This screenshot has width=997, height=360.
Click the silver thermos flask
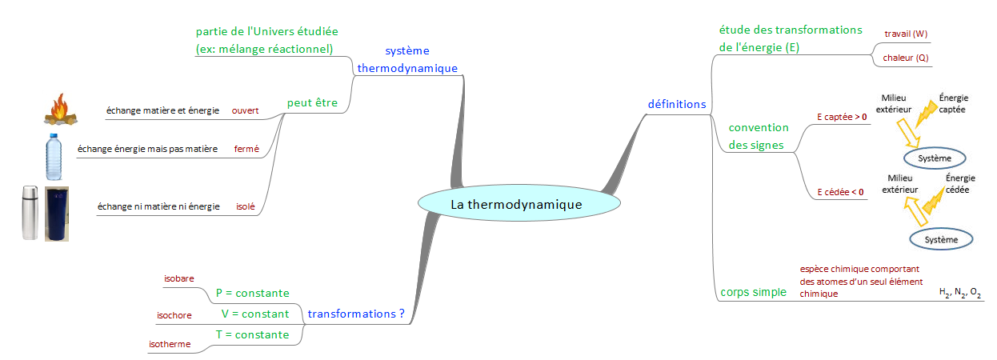point(30,212)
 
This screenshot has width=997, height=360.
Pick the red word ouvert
point(245,110)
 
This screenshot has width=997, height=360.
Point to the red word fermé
point(246,149)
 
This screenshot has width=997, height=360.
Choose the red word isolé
point(246,206)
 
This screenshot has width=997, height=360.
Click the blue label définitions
point(676,104)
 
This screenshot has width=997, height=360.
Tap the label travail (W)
point(906,34)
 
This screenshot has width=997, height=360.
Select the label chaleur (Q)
point(906,58)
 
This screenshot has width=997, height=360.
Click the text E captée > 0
point(842,117)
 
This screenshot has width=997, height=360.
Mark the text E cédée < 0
point(840,192)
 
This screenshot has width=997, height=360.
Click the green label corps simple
point(753,292)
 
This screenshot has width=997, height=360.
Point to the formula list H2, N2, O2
point(960,294)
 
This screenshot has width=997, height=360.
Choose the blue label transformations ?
point(356,314)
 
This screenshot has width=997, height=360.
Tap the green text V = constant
point(254,314)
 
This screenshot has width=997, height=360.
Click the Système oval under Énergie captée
point(935,158)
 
